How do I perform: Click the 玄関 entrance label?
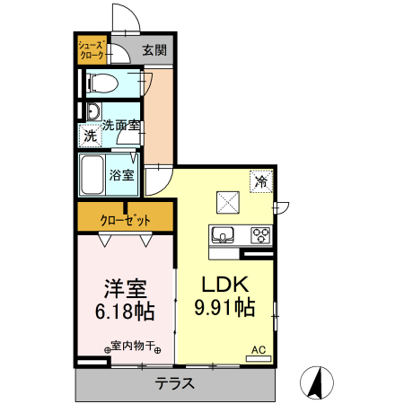coord(154,50)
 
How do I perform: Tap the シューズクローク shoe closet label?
coord(92,49)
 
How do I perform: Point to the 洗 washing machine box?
coord(90,137)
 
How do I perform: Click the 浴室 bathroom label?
coord(122,174)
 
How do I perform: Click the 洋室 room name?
coord(125,289)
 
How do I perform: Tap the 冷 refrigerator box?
coord(261,181)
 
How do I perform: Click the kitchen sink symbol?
coord(223,236)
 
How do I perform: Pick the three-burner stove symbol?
coord(260,236)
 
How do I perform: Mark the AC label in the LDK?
coord(258,350)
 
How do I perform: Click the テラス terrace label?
coord(174,383)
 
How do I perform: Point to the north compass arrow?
coord(317,383)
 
